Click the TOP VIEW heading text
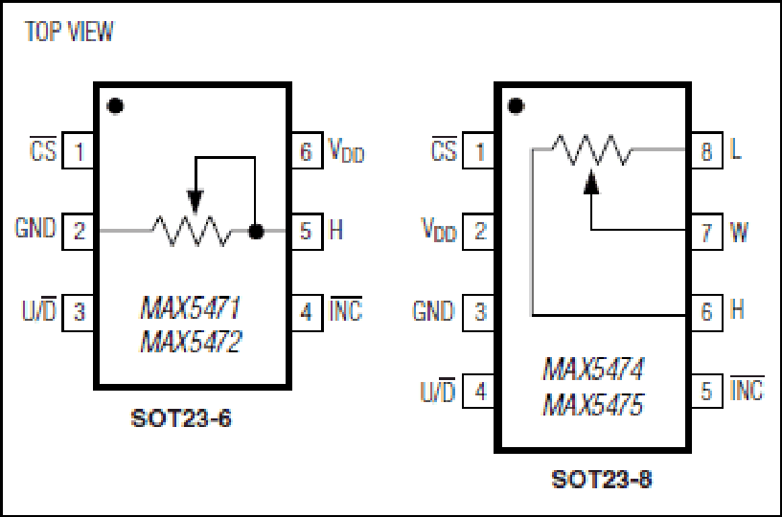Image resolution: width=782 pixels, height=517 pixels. tap(69, 32)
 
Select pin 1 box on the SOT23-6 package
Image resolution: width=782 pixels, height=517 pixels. tap(78, 150)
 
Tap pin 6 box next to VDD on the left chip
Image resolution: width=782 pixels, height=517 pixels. tap(307, 150)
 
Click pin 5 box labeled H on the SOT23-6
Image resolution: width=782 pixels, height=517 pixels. tap(307, 231)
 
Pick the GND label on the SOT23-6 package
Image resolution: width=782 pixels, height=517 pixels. tap(35, 228)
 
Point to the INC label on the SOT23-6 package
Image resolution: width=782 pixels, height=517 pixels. tap(346, 309)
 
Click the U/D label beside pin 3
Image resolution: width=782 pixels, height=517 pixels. tap(39, 309)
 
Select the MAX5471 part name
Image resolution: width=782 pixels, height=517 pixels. tap(191, 307)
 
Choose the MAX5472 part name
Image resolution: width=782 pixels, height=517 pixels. tap(191, 342)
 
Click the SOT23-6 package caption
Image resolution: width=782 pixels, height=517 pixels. tap(181, 418)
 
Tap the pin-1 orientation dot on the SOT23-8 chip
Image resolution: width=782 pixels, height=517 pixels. tap(516, 106)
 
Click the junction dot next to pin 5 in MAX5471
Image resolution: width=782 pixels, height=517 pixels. tap(256, 231)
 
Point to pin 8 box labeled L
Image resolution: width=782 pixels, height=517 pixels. tap(706, 150)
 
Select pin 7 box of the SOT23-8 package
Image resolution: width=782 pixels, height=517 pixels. tap(706, 232)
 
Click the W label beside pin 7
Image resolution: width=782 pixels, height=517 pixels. tap(739, 232)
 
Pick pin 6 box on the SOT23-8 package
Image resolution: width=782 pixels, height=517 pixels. tap(706, 312)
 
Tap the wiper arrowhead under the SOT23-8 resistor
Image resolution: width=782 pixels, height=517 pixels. tap(591, 181)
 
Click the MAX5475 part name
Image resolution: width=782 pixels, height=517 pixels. tap(593, 404)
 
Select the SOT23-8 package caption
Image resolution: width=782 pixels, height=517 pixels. tap(602, 479)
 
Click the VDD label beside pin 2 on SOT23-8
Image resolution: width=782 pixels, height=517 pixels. tap(439, 230)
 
